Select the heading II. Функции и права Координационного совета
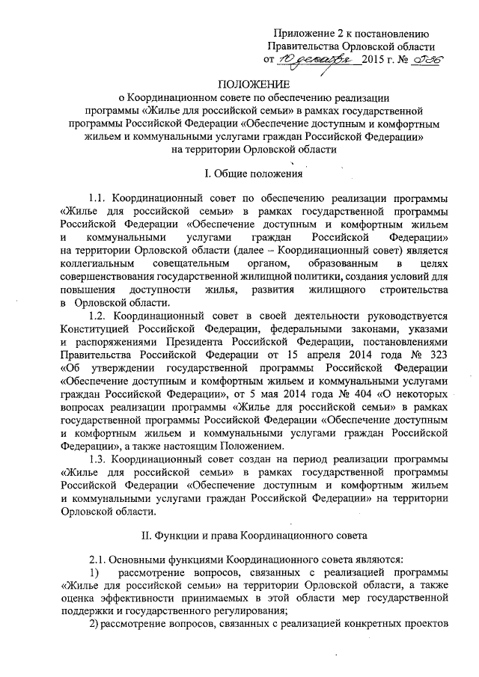coord(251,535)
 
